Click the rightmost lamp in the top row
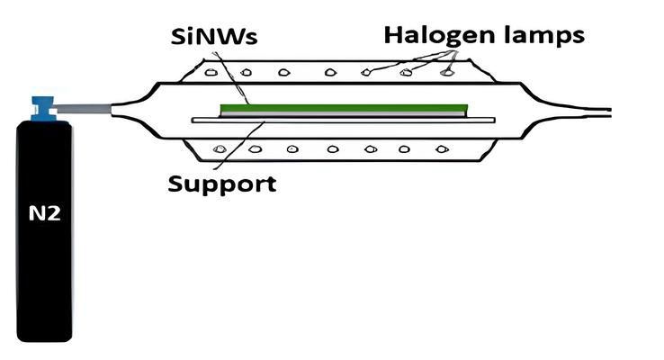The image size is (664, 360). coord(445,70)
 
